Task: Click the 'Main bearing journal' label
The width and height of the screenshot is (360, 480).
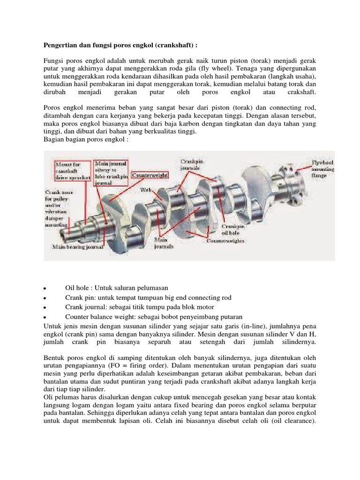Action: [x=73, y=245]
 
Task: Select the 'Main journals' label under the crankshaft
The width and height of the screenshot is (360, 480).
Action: [x=164, y=242]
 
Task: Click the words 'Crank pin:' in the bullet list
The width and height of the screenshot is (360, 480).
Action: [x=81, y=298]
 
